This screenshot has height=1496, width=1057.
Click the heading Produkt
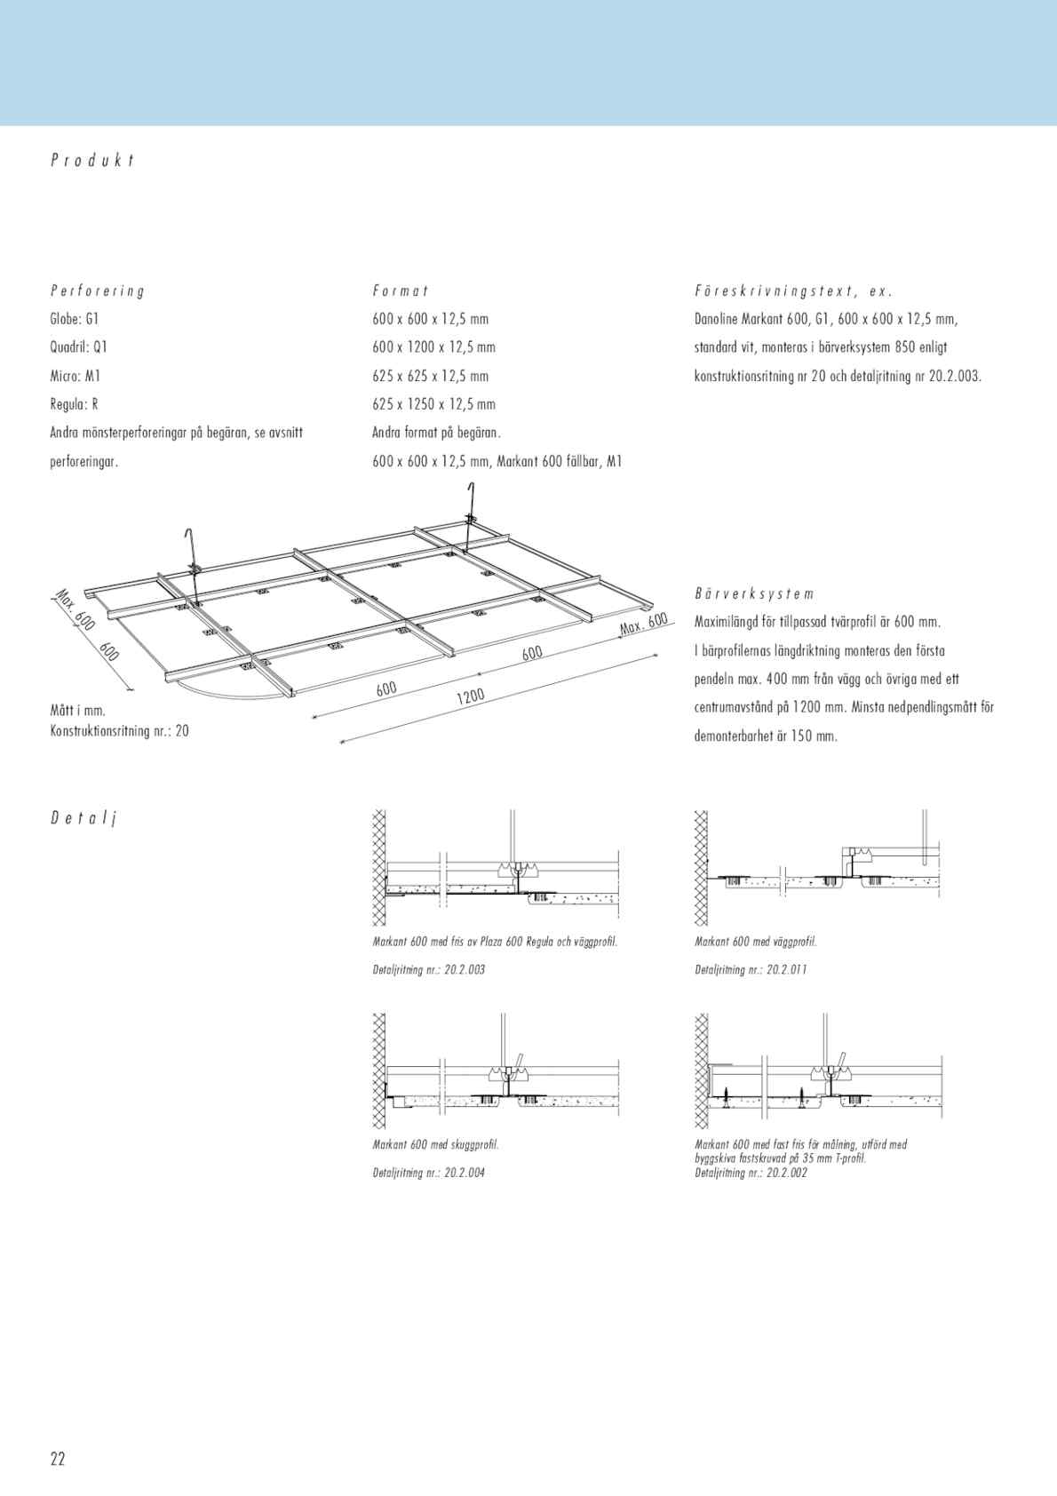(x=92, y=161)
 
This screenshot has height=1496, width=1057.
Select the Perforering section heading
(x=98, y=290)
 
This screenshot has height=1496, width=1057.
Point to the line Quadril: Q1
(x=79, y=347)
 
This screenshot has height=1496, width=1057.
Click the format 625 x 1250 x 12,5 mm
(x=433, y=404)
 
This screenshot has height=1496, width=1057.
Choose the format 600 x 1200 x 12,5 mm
(x=433, y=347)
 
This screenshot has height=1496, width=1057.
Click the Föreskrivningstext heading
(x=792, y=290)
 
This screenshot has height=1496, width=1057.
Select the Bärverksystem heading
(x=754, y=593)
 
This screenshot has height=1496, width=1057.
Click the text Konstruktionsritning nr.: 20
(x=120, y=731)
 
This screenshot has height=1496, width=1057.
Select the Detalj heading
(x=83, y=818)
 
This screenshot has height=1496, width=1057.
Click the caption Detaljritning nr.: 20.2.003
(x=429, y=969)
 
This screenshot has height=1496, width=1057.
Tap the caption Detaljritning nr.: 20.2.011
(x=751, y=969)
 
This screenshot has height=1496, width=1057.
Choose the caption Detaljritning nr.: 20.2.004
(x=429, y=1173)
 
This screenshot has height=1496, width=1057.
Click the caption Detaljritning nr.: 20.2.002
(x=751, y=1173)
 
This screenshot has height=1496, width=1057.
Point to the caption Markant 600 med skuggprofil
(x=435, y=1144)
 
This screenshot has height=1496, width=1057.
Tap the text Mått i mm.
(x=78, y=711)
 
